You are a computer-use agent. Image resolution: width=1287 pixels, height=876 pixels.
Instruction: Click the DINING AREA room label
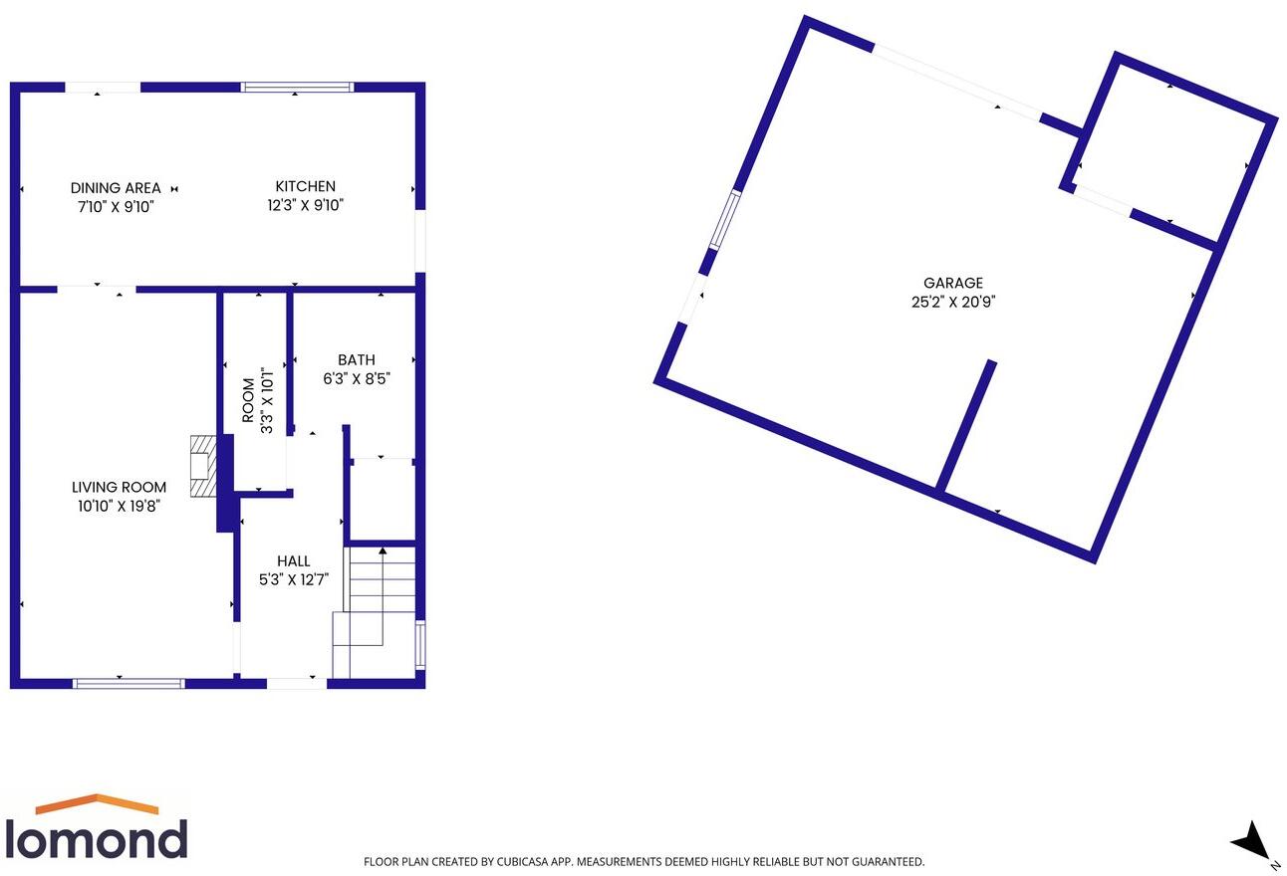116,188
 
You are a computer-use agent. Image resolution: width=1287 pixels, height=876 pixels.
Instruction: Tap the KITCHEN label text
306,186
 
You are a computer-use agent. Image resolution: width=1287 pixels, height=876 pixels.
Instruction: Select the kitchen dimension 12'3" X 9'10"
306,206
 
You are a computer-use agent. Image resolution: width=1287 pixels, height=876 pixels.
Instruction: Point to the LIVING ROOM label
119,487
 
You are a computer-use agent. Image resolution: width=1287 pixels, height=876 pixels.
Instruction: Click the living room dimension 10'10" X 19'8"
119,506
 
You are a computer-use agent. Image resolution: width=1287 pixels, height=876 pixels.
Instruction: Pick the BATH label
357,359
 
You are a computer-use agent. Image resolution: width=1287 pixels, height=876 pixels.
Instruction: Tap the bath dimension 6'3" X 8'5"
357,378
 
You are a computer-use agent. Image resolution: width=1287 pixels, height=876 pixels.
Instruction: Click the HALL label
294,561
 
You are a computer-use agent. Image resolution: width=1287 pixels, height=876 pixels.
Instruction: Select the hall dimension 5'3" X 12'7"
294,580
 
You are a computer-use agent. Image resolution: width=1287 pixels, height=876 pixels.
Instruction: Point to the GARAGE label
953,283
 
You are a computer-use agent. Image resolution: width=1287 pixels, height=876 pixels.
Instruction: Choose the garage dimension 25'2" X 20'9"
953,303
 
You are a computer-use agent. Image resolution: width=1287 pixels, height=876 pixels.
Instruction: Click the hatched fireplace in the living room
202,466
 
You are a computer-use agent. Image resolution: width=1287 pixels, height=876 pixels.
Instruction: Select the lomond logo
96,828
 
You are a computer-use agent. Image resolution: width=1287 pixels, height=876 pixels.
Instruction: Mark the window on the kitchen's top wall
298,88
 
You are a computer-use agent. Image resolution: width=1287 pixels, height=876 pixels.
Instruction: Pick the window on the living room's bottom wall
129,683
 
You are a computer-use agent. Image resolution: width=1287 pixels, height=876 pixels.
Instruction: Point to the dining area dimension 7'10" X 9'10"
116,207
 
